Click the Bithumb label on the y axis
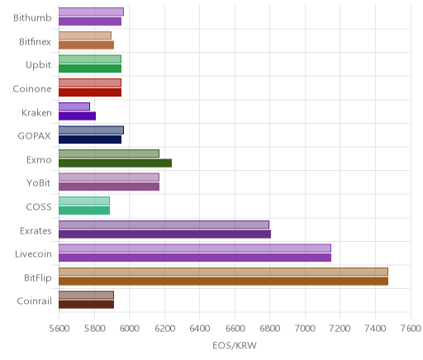pos(32,18)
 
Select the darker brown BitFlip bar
pos(223,282)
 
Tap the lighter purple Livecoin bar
pos(195,248)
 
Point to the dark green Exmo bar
pos(115,163)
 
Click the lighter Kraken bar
pos(74,107)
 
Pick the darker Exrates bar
pos(164,234)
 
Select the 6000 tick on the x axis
pos(130,329)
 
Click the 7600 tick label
pos(411,329)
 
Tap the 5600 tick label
pos(59,329)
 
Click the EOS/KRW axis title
pos(235,345)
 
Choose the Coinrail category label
pos(34,301)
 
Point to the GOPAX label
pos(34,136)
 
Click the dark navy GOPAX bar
pos(90,140)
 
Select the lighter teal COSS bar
pos(84,201)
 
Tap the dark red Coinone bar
pos(90,92)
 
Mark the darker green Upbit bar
pos(90,69)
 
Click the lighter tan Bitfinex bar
pos(85,36)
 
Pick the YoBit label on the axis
pos(39,183)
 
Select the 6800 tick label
pos(270,329)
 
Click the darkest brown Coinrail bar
pos(86,305)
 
